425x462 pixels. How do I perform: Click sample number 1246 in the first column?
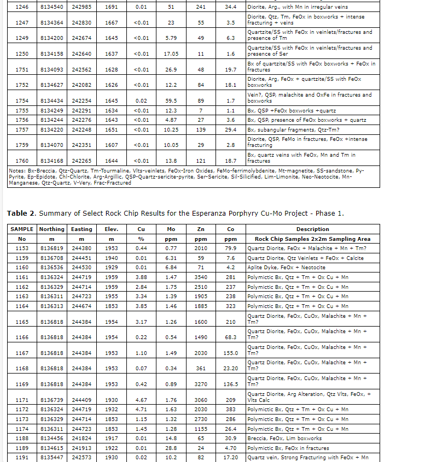pos(22,7)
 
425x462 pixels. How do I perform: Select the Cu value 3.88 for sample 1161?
pos(141,278)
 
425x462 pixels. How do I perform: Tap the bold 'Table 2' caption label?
pos(21,213)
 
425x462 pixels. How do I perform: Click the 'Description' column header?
pos(312,229)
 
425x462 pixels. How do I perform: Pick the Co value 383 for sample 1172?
pos(230,409)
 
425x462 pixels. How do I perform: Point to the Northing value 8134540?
pos(52,7)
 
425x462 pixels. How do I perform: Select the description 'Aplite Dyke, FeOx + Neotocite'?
pos(286,268)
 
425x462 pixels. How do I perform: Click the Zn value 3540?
pos(201,278)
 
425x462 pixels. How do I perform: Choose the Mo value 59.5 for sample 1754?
pos(171,101)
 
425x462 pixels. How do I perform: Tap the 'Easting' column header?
pos(81,229)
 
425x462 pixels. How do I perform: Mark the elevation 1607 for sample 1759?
pos(111,145)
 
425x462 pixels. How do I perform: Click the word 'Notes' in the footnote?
pos(17,170)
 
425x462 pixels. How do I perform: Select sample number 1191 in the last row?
pos(22,457)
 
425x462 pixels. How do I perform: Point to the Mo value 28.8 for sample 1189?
pos(171,448)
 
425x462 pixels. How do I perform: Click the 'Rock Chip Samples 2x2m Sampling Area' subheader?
pos(312,239)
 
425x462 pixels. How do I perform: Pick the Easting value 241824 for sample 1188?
pos(81,438)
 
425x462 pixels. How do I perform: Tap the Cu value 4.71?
pos(141,409)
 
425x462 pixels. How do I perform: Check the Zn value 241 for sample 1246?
pos(201,7)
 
